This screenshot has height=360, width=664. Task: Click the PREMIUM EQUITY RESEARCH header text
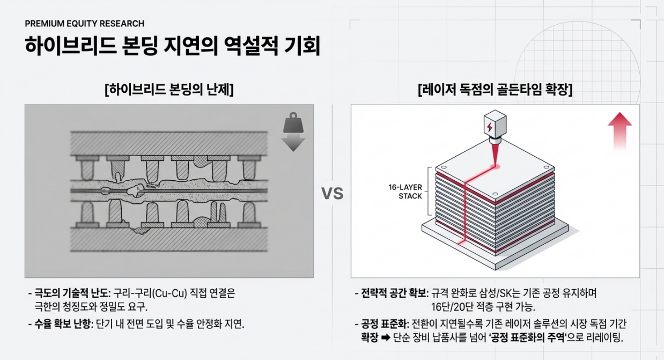click(x=84, y=24)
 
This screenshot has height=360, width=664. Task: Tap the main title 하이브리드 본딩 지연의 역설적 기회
click(x=172, y=47)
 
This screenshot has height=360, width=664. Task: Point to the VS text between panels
click(x=332, y=194)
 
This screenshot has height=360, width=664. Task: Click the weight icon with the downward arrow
click(x=293, y=131)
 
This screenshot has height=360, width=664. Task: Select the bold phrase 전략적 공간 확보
click(x=395, y=294)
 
